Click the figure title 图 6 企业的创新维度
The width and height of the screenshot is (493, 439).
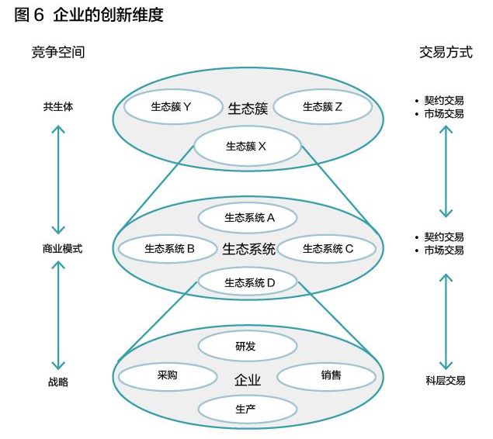89,15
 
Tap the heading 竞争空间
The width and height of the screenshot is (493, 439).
58,52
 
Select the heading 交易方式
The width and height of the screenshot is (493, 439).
446,52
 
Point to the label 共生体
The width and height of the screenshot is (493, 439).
58,107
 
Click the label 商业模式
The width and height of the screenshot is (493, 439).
63,249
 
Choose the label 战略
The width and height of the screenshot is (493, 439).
58,382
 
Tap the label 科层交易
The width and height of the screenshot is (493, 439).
446,381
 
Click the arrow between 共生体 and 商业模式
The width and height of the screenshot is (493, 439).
58,180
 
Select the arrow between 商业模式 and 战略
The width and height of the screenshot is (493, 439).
58,316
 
